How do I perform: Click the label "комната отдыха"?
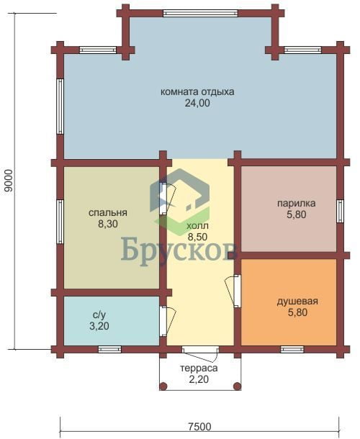coord(197,92)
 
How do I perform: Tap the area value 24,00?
coord(197,104)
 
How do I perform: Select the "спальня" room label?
coord(108,213)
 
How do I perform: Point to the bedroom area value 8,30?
coord(108,225)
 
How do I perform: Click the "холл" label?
coord(197,226)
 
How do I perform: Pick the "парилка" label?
coord(297,203)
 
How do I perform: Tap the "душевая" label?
coord(297,302)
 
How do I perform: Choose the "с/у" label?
coord(99,315)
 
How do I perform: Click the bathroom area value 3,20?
coord(99,326)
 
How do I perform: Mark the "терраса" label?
coord(199,368)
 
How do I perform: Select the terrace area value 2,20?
coord(199,380)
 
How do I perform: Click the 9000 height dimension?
coord(9,181)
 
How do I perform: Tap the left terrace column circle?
coord(163,386)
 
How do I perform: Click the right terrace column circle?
coord(238,386)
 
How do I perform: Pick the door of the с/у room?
coord(167,321)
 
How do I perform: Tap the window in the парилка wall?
coord(340,211)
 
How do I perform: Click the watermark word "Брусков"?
coord(179,249)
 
